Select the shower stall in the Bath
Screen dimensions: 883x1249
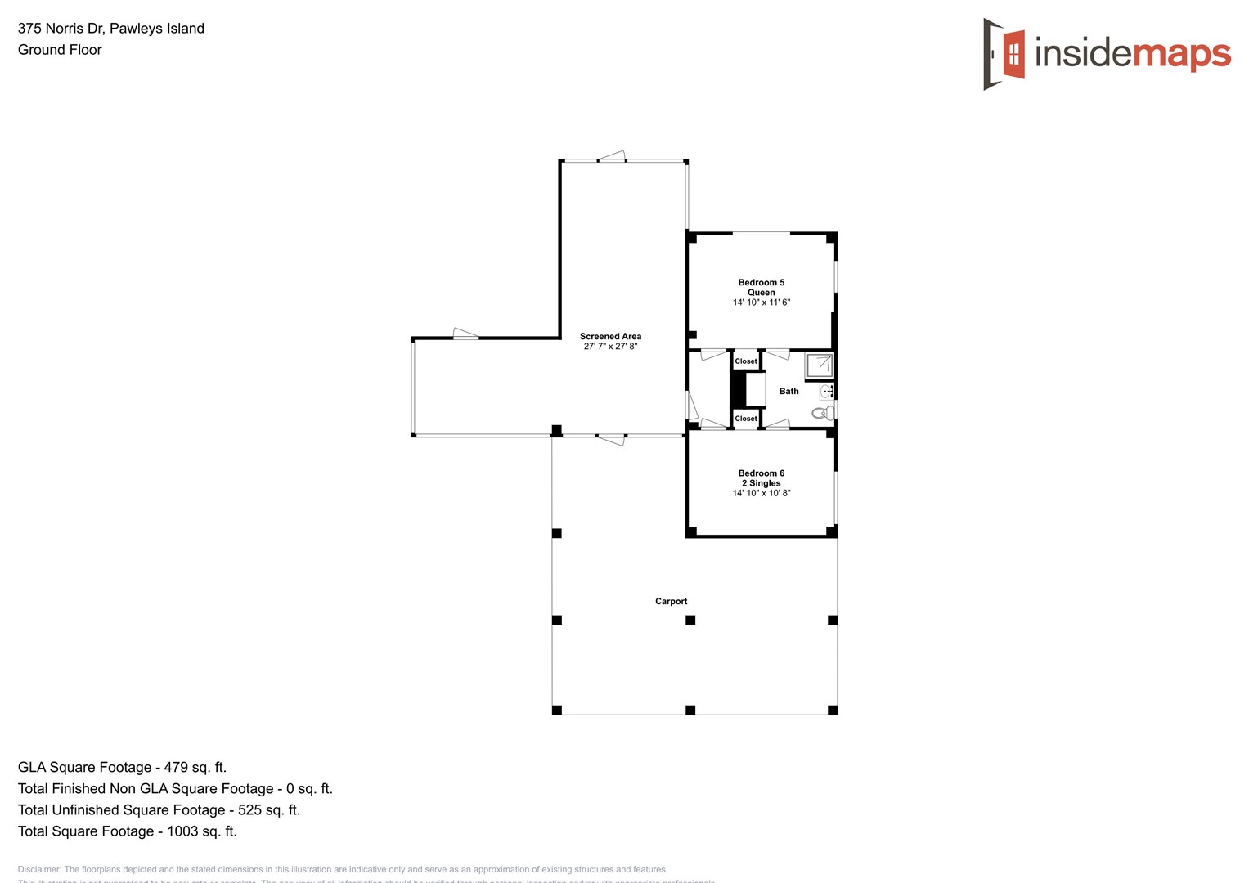point(819,365)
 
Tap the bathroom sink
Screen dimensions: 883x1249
point(827,392)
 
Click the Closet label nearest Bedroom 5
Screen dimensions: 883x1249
point(745,361)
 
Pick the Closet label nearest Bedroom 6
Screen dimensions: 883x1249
point(745,419)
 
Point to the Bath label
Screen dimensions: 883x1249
point(788,392)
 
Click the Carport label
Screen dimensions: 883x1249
point(671,601)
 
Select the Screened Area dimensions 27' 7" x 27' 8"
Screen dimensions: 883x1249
point(610,347)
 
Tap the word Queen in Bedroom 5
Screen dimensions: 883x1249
point(761,293)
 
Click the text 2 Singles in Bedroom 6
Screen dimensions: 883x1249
point(761,483)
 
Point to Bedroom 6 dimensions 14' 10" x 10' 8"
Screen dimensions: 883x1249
point(761,493)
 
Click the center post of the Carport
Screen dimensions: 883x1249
point(690,621)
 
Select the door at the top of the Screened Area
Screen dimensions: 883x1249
point(612,157)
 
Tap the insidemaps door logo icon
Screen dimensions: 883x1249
point(1004,54)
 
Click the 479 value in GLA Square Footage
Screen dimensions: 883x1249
point(177,767)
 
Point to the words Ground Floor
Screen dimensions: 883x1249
point(60,50)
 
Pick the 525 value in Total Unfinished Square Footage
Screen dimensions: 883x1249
point(250,809)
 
